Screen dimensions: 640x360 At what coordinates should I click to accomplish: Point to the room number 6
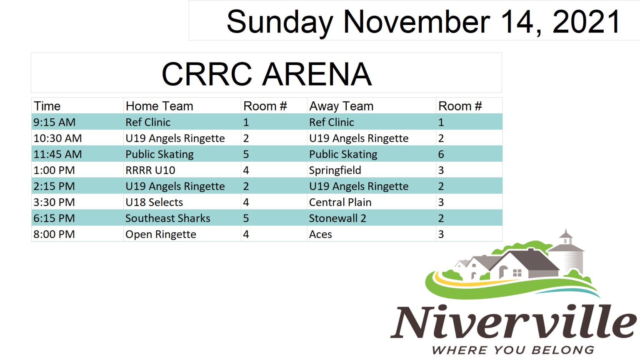coord(441,154)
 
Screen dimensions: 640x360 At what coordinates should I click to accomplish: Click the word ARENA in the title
coord(317,74)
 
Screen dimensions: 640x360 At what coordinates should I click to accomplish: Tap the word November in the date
coord(417,22)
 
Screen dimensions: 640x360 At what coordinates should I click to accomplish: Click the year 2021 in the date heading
coord(586,22)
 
